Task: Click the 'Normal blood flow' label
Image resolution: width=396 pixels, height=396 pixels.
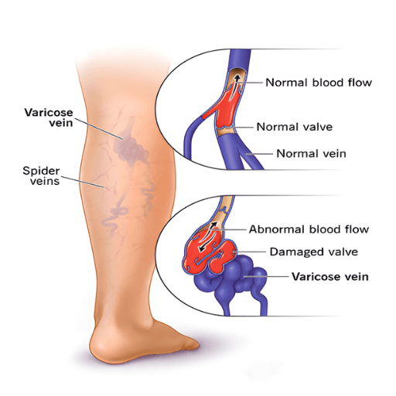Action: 319,83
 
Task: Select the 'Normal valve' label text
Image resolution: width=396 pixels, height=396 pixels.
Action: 295,127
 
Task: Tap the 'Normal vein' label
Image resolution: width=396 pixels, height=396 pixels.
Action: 311,154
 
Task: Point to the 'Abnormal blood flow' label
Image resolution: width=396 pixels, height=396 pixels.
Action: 309,229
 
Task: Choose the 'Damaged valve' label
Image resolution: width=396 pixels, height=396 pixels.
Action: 314,252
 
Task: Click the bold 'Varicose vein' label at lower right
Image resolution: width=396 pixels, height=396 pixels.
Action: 330,277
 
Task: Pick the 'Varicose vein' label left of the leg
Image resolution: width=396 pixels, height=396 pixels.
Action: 49,118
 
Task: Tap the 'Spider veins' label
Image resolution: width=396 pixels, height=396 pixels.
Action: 41,176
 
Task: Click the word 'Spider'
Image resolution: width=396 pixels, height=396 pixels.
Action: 41,171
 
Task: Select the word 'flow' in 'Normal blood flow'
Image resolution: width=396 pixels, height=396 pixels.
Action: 360,83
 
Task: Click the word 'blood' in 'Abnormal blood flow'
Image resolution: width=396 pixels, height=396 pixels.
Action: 326,229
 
